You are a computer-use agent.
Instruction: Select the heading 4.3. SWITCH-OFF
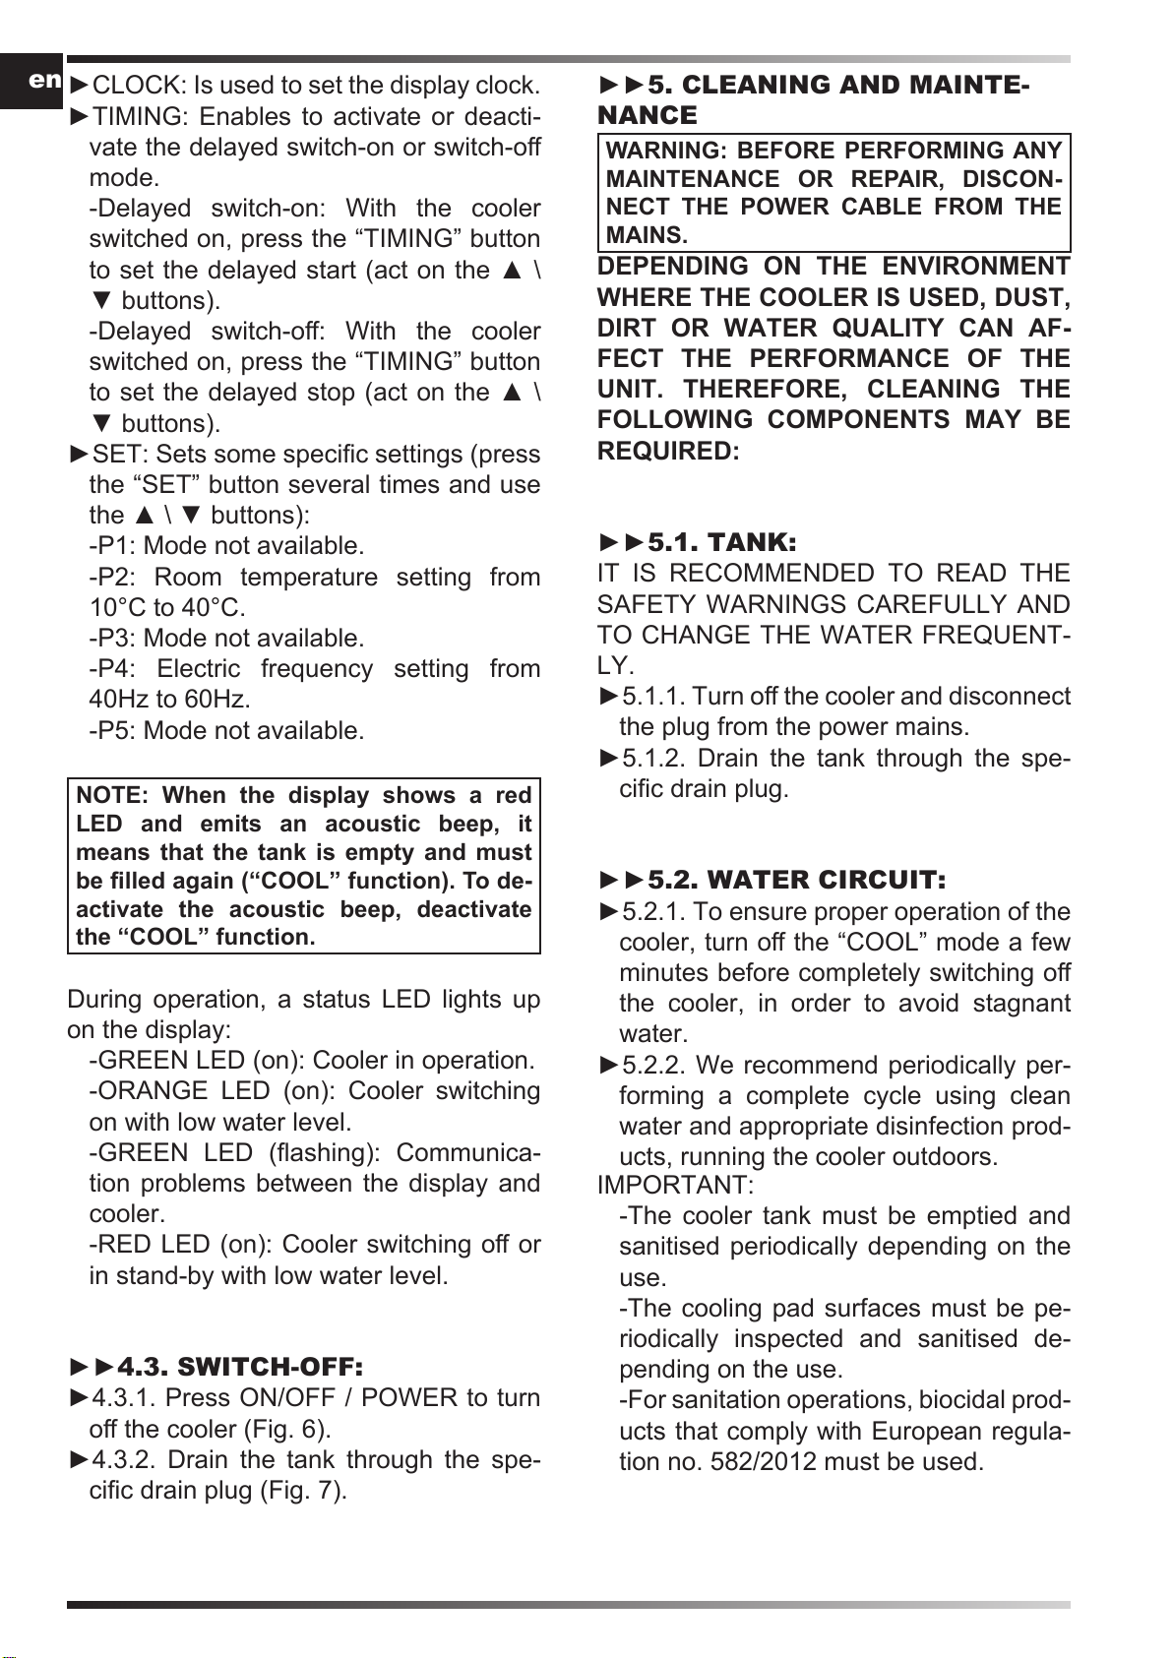click(x=240, y=1367)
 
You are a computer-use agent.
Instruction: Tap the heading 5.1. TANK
click(x=721, y=542)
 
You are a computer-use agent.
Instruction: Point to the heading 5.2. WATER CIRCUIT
click(x=796, y=880)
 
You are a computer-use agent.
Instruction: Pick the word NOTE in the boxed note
click(x=111, y=796)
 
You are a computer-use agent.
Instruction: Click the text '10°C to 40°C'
click(x=167, y=608)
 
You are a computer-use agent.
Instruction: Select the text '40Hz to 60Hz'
click(x=169, y=700)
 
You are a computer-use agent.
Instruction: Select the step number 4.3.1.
click(x=125, y=1398)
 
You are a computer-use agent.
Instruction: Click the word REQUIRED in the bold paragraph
click(x=668, y=452)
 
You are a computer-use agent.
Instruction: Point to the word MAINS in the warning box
click(x=646, y=236)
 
